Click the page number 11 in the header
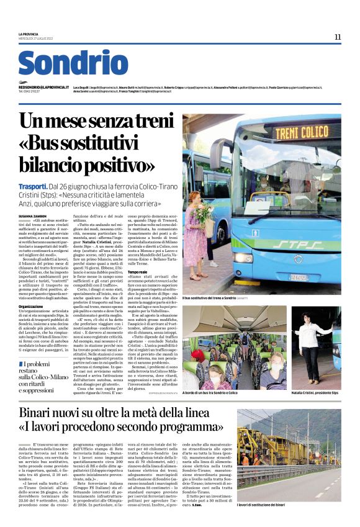point(337,37)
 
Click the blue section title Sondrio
point(73,63)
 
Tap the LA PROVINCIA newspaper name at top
point(28,34)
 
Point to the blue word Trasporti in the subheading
point(33,186)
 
